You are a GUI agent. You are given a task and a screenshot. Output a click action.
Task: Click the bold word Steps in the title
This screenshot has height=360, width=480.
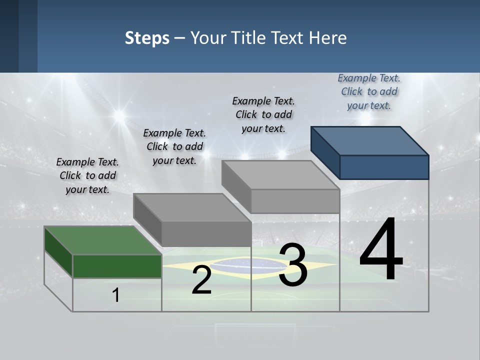[x=147, y=38]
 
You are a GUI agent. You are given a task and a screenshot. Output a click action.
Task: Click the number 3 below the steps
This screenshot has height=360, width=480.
[x=293, y=265]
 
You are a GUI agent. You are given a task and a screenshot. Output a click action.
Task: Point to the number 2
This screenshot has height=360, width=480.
[x=201, y=280]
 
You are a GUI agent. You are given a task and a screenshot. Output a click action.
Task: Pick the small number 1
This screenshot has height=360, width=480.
[x=115, y=295]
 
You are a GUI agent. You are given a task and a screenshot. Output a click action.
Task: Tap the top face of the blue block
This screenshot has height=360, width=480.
[x=370, y=140]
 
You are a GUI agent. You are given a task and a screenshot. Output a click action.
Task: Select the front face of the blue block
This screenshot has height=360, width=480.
[x=384, y=167]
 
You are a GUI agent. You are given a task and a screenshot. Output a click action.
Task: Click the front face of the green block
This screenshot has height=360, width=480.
[x=117, y=266]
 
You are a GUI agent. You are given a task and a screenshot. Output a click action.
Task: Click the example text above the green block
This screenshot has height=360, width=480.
[x=88, y=175]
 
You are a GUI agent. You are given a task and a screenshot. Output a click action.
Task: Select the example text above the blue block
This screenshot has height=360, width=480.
[x=369, y=91]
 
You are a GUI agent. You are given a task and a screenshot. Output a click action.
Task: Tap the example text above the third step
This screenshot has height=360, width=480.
[x=264, y=114]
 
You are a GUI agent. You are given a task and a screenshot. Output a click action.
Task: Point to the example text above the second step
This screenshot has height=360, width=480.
[x=174, y=146]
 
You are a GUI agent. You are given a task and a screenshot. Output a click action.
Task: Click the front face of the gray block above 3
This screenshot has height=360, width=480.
[x=295, y=201]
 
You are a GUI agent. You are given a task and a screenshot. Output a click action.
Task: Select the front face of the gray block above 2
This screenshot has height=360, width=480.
[x=206, y=234]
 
